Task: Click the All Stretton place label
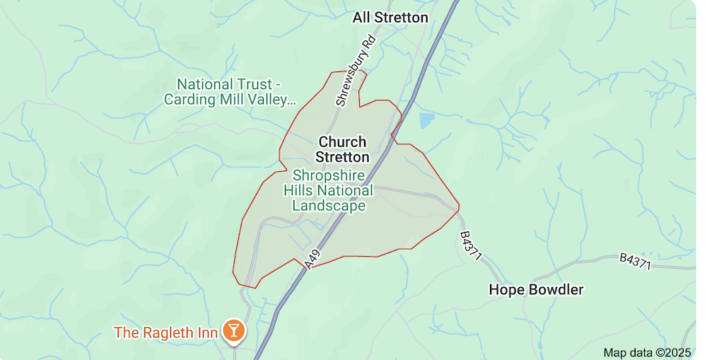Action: click(x=390, y=17)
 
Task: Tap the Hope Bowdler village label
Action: click(x=537, y=290)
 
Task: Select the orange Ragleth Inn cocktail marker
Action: click(x=232, y=330)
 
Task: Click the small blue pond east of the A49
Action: click(x=427, y=120)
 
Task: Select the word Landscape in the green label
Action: click(x=329, y=206)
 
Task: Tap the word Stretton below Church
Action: click(x=342, y=157)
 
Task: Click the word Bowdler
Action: click(x=558, y=290)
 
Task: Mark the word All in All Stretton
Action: click(x=362, y=17)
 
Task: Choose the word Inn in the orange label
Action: click(x=206, y=331)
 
